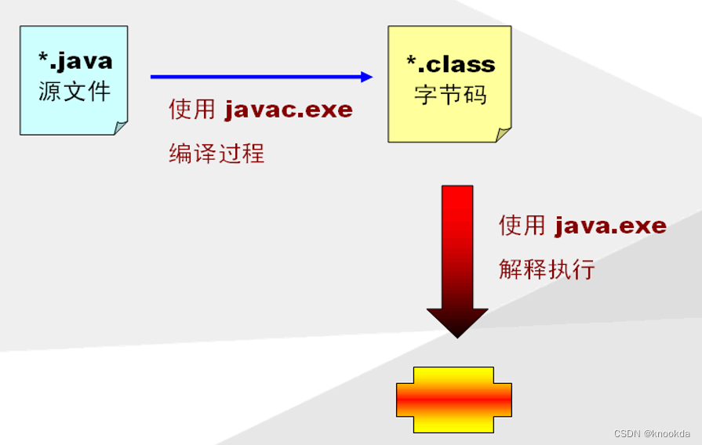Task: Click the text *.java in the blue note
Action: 75,60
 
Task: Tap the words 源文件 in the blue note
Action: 75,91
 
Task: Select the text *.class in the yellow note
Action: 450,63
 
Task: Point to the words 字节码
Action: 450,94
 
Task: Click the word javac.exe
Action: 289,110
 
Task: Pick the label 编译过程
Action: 216,153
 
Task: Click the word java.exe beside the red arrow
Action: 610,226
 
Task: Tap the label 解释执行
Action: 547,270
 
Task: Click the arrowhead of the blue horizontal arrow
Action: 367,77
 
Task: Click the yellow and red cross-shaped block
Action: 454,400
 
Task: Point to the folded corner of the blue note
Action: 121,128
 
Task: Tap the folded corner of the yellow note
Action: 503,135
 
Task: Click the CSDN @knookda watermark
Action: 652,433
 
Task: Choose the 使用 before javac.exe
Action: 191,110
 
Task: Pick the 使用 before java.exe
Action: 522,226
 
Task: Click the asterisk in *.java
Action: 43,57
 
